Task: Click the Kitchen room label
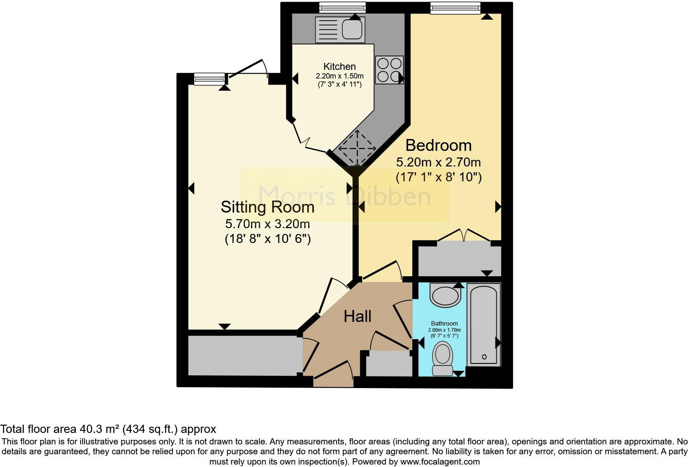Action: click(339, 67)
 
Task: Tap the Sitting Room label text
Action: click(267, 207)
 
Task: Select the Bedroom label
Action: click(438, 145)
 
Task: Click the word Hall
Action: click(358, 316)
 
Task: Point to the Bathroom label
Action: click(444, 324)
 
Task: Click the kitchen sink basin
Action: click(352, 29)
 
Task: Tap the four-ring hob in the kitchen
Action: click(389, 70)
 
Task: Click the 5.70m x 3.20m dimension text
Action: click(267, 224)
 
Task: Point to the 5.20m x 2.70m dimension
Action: click(438, 162)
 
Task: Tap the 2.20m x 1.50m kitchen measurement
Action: click(339, 76)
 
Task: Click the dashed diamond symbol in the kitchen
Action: click(357, 148)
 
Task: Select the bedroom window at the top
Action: click(455, 8)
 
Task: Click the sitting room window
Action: click(209, 79)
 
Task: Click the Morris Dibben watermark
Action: click(344, 196)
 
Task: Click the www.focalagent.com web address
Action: click(440, 462)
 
